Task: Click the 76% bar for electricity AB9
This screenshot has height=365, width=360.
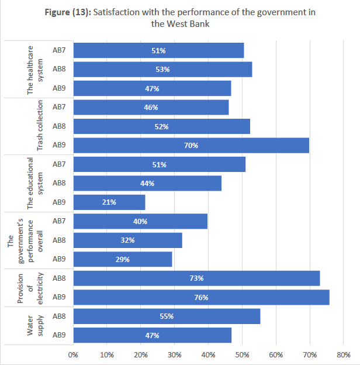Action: [201, 297]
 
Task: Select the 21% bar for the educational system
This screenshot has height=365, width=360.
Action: [109, 202]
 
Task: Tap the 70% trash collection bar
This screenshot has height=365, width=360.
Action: [191, 145]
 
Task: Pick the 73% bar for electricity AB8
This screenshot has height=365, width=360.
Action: [196, 278]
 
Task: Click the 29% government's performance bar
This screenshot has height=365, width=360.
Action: [123, 259]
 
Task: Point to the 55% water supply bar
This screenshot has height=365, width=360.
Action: [167, 316]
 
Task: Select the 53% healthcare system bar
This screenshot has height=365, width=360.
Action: [162, 70]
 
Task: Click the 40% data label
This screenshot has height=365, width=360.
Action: [140, 221]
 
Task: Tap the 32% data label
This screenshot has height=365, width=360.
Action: [128, 240]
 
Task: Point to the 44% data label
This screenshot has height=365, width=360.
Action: [147, 184]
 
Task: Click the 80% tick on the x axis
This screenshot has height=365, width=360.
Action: [344, 354]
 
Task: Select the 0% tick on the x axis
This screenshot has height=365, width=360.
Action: [74, 354]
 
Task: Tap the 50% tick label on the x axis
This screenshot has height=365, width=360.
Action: [242, 354]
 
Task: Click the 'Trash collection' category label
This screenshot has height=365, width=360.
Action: [40, 126]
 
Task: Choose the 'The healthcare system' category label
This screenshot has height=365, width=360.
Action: [35, 69]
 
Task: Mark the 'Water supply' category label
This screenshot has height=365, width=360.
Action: [35, 326]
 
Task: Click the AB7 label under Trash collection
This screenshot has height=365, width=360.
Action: [59, 107]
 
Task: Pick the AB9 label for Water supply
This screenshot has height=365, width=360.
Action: [59, 335]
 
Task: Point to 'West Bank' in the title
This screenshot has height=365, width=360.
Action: [191, 24]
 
